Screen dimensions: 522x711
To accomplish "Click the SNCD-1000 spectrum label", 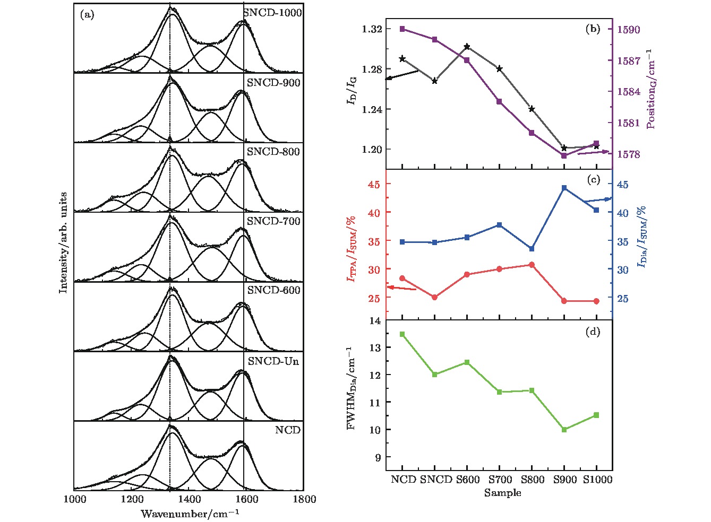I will point(272,13).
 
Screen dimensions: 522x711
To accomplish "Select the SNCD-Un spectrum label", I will point(273,361).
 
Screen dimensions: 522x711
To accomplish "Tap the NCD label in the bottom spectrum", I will point(287,430).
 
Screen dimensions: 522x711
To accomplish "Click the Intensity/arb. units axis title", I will point(64,242).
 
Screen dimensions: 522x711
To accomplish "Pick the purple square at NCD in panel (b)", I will point(402,29).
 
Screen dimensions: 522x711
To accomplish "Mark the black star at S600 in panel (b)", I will point(467,47).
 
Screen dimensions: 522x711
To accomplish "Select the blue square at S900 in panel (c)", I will point(564,188).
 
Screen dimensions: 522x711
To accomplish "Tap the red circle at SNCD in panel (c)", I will point(435,297).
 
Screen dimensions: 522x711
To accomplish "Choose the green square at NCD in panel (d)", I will point(402,334).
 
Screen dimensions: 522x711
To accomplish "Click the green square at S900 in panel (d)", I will point(564,430).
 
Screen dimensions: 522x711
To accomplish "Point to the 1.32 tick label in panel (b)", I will point(372,29).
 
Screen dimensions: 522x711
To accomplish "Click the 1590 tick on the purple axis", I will point(628,30).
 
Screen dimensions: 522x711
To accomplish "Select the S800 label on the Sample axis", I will point(532,480).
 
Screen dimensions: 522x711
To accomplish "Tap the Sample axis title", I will point(502,493).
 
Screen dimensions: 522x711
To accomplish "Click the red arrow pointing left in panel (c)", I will point(402,288).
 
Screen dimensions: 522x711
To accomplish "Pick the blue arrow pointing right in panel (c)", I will point(598,200).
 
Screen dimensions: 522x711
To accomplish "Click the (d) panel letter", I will point(593,332).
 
